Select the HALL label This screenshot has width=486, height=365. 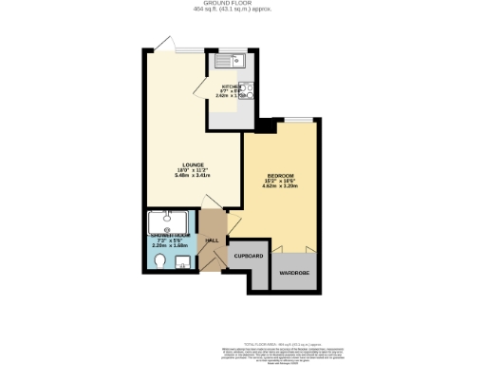[213, 240]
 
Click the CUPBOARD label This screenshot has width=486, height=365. [248, 257]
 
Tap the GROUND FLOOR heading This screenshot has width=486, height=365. [242, 4]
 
